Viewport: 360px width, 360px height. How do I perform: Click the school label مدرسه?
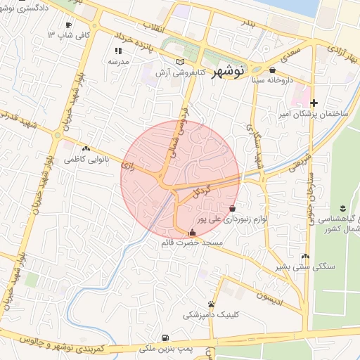click(x=117, y=62)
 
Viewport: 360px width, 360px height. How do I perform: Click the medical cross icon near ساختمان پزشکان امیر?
click(x=314, y=103)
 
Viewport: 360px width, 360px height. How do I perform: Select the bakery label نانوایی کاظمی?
click(x=83, y=160)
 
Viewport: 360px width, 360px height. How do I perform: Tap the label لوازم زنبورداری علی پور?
click(x=239, y=220)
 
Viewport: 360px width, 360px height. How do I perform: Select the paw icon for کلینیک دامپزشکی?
click(x=212, y=304)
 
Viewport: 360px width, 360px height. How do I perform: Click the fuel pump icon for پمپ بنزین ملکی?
click(x=165, y=337)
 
